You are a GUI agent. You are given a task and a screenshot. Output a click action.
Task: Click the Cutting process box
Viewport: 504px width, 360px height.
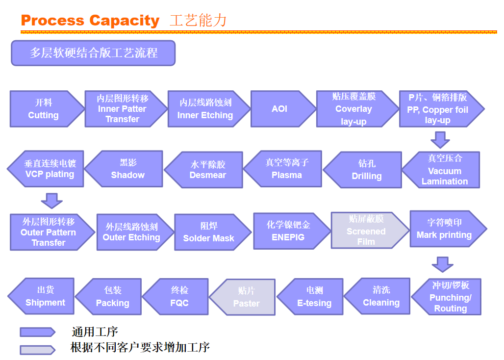[x=44, y=109]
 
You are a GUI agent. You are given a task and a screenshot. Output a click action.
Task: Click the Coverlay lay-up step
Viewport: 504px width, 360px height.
[x=354, y=109]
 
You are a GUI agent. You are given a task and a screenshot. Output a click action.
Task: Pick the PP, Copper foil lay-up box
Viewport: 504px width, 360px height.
[x=438, y=109]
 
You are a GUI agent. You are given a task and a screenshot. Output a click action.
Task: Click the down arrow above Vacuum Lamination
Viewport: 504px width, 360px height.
[x=440, y=140]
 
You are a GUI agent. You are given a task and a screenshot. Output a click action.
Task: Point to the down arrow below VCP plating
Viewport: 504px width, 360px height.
[x=51, y=200]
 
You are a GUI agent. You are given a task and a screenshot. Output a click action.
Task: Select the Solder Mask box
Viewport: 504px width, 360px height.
[x=208, y=232]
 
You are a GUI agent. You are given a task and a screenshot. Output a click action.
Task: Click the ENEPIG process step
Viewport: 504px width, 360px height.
[x=289, y=231]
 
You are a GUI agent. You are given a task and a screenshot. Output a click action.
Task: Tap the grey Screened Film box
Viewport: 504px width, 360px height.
[x=367, y=230]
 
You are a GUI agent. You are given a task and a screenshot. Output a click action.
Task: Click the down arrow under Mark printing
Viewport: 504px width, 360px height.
[x=442, y=264]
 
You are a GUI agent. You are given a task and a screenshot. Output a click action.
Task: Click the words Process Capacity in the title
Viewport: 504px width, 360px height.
[x=90, y=21]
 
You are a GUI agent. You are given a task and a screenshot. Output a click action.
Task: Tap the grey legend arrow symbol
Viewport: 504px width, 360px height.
[x=37, y=349]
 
